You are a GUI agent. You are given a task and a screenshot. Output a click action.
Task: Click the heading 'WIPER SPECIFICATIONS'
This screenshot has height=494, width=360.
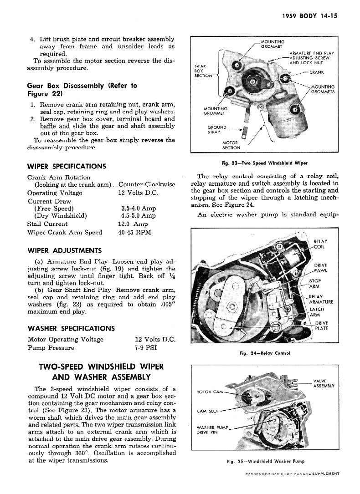pos(67,166)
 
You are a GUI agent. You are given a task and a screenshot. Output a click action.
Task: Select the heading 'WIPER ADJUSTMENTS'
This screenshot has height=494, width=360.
pos(65,250)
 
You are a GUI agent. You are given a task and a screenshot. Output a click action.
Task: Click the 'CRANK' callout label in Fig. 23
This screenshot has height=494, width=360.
pos(317,72)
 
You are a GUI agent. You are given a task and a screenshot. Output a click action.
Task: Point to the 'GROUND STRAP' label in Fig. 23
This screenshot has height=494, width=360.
pos(217,130)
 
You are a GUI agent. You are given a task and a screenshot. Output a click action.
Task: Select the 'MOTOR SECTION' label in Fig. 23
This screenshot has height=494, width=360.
pos(231,145)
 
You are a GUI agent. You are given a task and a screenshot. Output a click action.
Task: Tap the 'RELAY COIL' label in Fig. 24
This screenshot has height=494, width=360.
pos(321,244)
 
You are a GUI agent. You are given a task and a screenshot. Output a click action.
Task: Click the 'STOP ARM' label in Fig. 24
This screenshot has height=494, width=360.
pos(314,284)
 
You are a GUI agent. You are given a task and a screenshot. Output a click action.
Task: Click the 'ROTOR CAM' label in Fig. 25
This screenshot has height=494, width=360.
pos(209,392)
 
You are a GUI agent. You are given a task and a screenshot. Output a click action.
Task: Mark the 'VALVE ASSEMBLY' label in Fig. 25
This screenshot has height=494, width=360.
pos(324,383)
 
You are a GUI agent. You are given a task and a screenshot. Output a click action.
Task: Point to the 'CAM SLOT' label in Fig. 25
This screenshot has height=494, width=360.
pos(208,411)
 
